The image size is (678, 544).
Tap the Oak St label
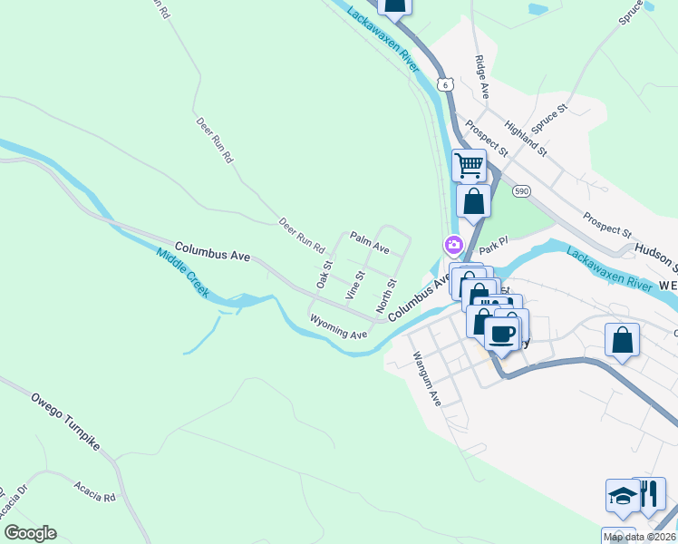click(x=324, y=276)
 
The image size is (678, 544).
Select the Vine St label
click(x=354, y=285)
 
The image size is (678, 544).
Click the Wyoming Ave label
click(x=338, y=327)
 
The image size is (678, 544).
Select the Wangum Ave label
click(x=425, y=378)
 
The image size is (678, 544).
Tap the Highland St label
click(x=528, y=137)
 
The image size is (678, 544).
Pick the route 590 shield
click(x=520, y=191)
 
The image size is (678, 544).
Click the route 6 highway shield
click(x=444, y=83)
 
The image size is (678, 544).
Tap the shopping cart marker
click(x=469, y=165)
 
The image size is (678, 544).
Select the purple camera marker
click(x=452, y=245)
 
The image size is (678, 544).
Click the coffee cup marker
click(x=500, y=334)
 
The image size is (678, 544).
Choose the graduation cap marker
click(x=622, y=496)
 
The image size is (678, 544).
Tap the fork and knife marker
click(x=649, y=494)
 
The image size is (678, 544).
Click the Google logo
click(x=30, y=533)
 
